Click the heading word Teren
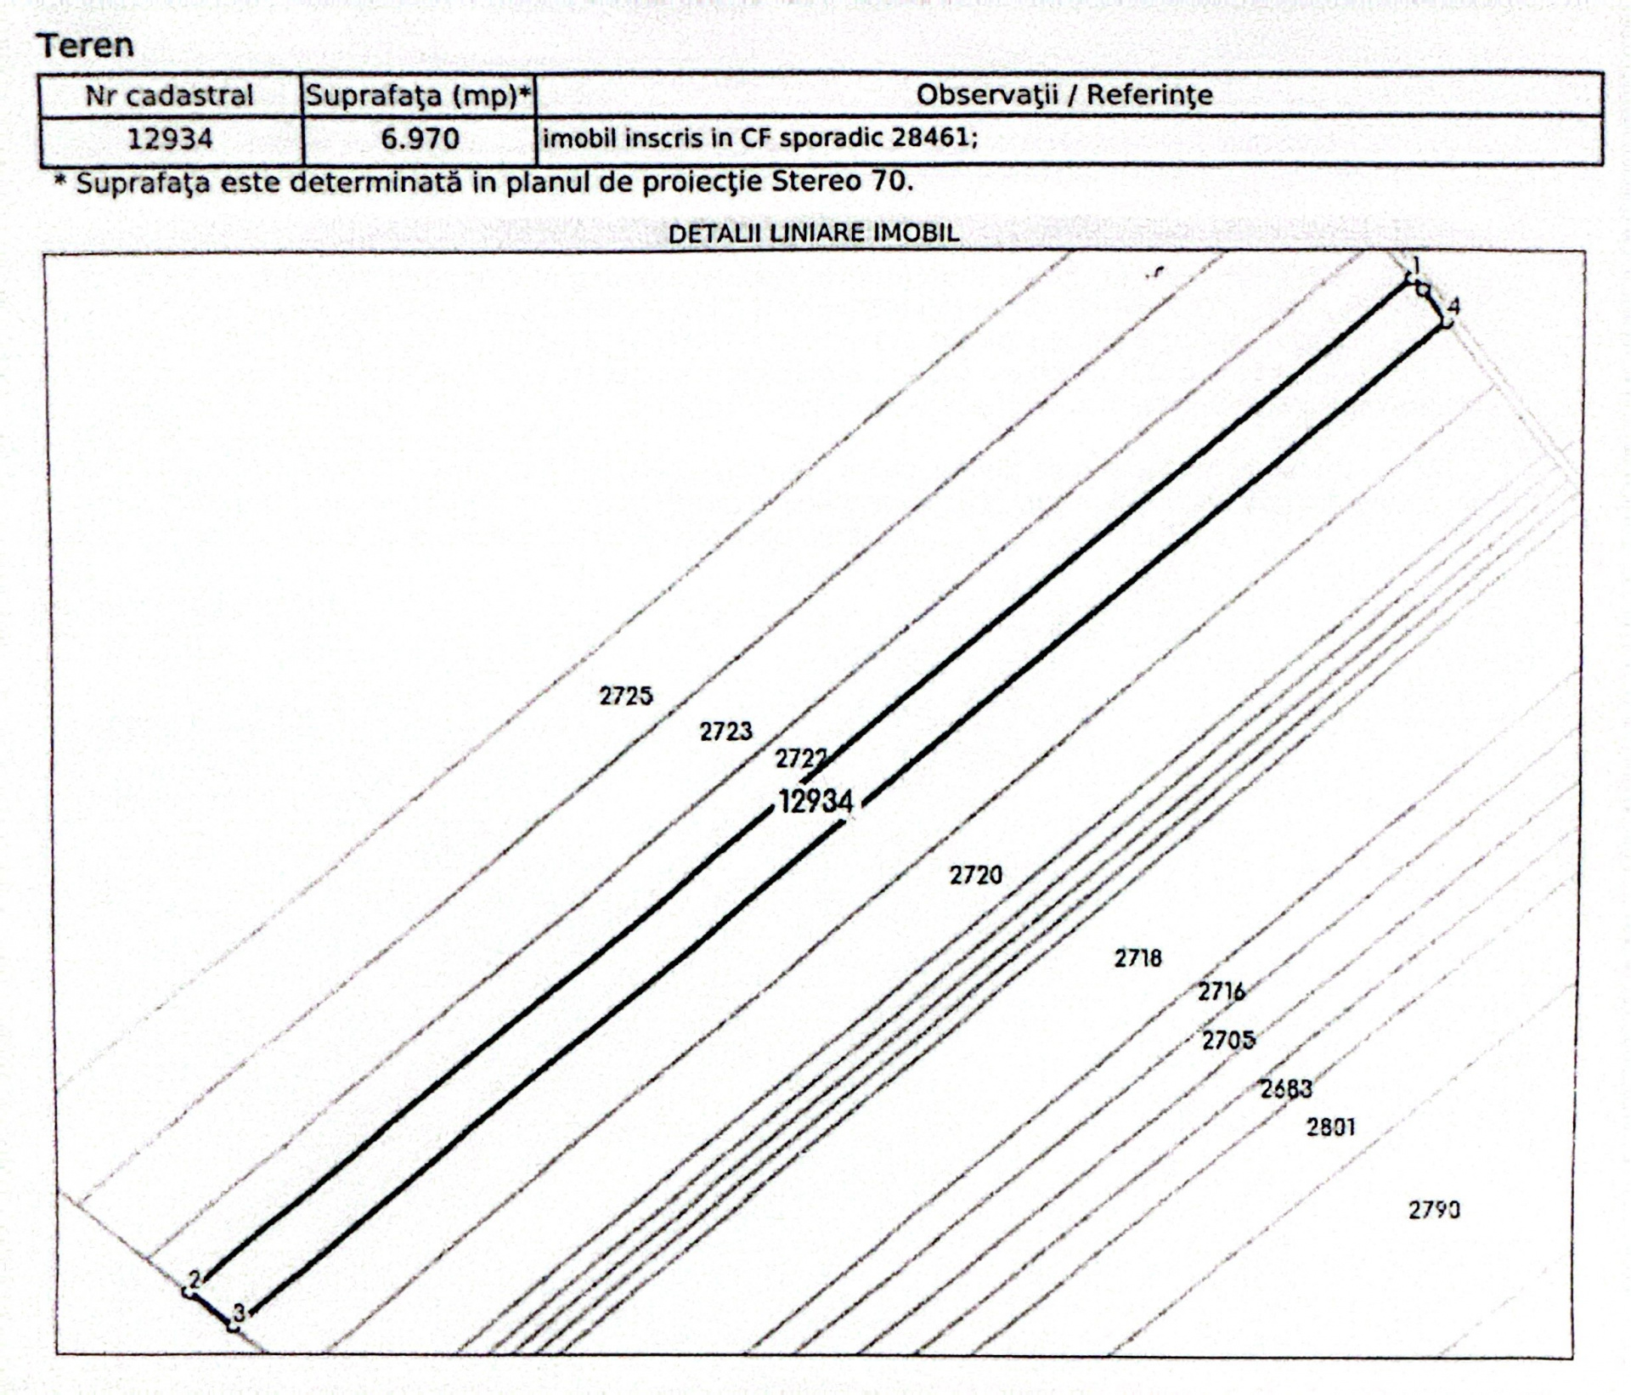click(x=85, y=45)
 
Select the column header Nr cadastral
click(x=170, y=95)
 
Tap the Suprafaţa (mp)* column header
click(x=420, y=96)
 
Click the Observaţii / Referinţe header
click(x=1064, y=94)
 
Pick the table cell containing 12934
click(x=170, y=138)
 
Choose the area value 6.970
click(x=420, y=138)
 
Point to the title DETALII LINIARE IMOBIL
click(x=814, y=234)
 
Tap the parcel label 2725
click(x=626, y=696)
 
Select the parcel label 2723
click(x=726, y=731)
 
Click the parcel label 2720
click(x=976, y=875)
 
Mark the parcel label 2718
click(x=1138, y=958)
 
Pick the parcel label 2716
click(x=1222, y=991)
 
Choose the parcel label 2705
click(x=1228, y=1040)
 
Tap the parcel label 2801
click(x=1331, y=1127)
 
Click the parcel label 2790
click(x=1435, y=1210)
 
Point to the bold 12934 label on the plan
click(x=816, y=801)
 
